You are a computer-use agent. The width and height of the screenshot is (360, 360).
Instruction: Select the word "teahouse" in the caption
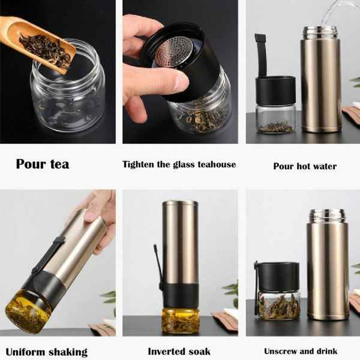point(217,164)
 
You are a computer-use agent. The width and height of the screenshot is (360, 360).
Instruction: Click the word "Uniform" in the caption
point(24,352)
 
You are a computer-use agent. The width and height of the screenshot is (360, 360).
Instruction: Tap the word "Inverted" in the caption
point(164,351)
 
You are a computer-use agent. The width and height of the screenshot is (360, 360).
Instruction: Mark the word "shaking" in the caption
point(67,352)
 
